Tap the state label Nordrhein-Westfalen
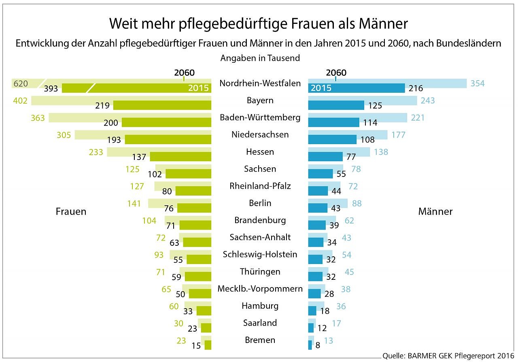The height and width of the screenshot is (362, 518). click(x=260, y=83)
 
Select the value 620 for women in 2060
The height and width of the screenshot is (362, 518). click(x=21, y=84)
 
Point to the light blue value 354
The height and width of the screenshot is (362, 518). click(x=478, y=84)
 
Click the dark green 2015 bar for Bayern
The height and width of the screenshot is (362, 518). click(x=162, y=105)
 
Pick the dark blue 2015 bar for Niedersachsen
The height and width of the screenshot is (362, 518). click(x=332, y=139)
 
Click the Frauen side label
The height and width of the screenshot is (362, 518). click(x=71, y=211)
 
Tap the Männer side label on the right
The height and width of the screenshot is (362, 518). click(x=435, y=211)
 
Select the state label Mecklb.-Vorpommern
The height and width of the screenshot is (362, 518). click(x=260, y=289)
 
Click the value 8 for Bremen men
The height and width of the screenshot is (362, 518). click(x=318, y=345)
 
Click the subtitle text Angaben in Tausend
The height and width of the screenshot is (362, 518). click(x=260, y=58)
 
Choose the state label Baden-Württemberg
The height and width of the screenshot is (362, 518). click(x=260, y=117)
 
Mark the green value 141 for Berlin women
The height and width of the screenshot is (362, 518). click(x=135, y=203)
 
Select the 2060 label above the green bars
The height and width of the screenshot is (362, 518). click(x=184, y=73)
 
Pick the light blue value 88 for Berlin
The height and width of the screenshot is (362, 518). click(x=357, y=203)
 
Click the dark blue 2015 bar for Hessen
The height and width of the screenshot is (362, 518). click(x=325, y=156)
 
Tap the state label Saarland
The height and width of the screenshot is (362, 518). click(x=260, y=323)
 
